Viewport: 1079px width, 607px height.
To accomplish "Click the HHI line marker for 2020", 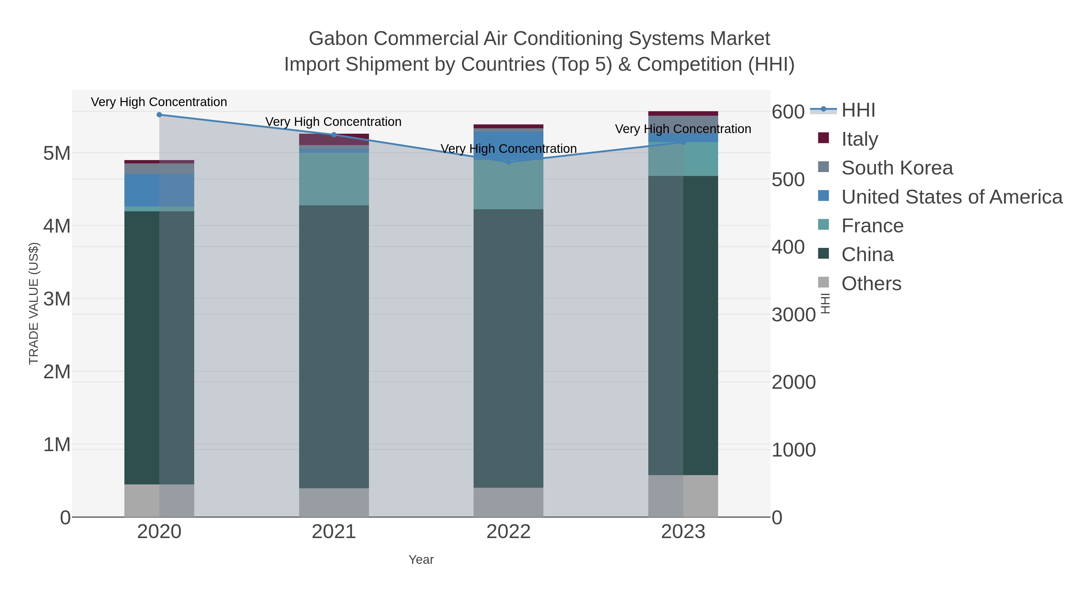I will click(x=159, y=115).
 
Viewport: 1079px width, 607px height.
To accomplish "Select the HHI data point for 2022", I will click(x=509, y=162).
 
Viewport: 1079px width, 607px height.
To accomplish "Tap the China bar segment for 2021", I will click(x=334, y=347).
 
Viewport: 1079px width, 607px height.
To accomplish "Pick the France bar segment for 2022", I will click(x=509, y=185).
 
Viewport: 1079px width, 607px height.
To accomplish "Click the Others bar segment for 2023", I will click(x=683, y=496).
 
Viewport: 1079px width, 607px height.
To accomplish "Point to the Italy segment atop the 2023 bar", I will click(x=683, y=114).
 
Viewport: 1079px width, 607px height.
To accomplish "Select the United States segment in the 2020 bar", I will click(x=159, y=190).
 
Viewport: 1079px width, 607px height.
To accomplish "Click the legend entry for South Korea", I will click(x=897, y=168).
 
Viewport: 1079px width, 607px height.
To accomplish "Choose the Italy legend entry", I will click(x=860, y=139).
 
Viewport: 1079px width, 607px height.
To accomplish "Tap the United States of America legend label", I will click(x=952, y=197).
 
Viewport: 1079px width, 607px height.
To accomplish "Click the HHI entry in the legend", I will click(x=858, y=110).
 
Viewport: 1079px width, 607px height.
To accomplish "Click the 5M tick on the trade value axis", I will click(x=57, y=153).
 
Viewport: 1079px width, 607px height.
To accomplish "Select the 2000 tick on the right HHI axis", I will click(x=793, y=382).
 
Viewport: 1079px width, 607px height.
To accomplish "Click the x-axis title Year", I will click(x=421, y=560).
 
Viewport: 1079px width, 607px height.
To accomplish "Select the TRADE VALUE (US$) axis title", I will click(x=34, y=303).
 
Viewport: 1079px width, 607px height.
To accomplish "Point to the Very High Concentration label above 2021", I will click(x=333, y=122).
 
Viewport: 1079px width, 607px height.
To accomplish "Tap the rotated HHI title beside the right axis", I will click(x=825, y=303).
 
